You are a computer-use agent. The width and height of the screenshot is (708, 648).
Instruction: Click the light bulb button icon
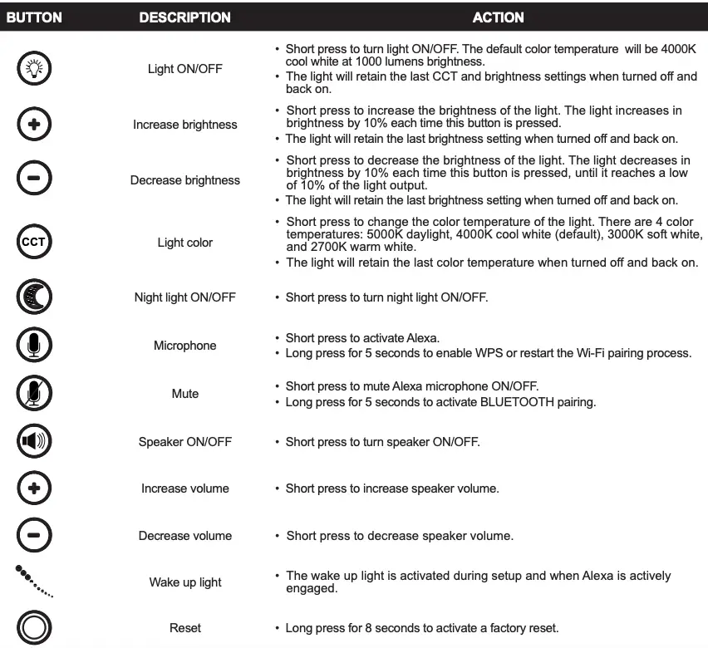coord(34,69)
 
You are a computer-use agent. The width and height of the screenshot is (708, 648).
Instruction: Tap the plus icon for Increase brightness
coord(34,125)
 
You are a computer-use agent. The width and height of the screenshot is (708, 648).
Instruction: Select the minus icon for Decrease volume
coord(34,536)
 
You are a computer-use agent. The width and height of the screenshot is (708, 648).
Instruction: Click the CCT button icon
coord(34,243)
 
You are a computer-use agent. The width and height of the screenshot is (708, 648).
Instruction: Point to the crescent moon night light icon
coord(34,297)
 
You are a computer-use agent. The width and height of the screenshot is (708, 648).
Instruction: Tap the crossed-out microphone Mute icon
coord(34,393)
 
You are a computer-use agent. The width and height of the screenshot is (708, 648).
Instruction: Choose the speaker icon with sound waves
coord(34,442)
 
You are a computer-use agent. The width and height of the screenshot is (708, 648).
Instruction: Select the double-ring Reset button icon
coord(34,628)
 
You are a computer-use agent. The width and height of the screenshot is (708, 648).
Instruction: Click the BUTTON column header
coord(35,17)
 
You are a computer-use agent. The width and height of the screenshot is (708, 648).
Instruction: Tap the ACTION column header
coord(498,17)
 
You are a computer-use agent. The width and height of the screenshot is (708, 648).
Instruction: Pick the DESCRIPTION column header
coord(184,17)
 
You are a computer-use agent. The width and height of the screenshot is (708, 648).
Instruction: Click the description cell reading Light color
coord(184,243)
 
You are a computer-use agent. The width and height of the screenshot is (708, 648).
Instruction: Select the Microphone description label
coord(184,346)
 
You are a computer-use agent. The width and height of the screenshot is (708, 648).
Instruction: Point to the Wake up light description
coord(184,582)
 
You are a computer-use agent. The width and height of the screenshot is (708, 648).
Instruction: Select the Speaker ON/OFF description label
coord(184,442)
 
